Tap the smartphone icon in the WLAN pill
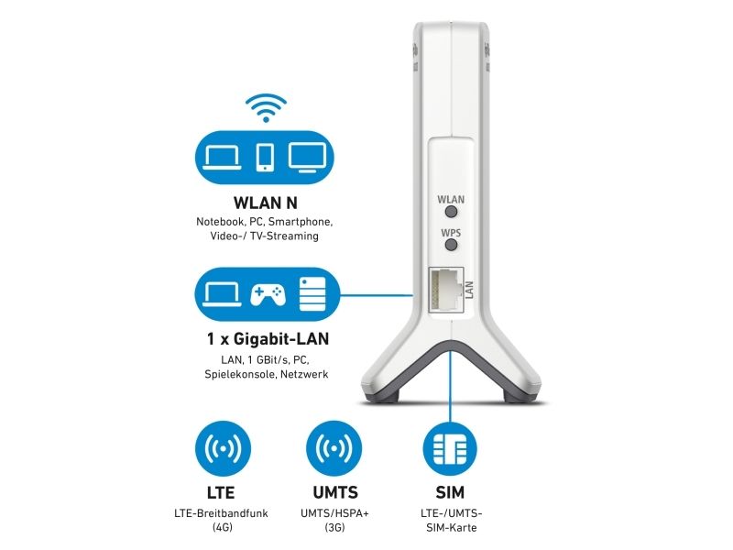click(x=266, y=156)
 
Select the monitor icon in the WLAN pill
click(x=309, y=156)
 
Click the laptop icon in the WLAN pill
click(x=223, y=156)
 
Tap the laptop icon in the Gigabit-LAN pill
click(x=223, y=294)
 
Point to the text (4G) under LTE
click(x=222, y=528)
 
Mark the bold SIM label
click(x=449, y=492)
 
